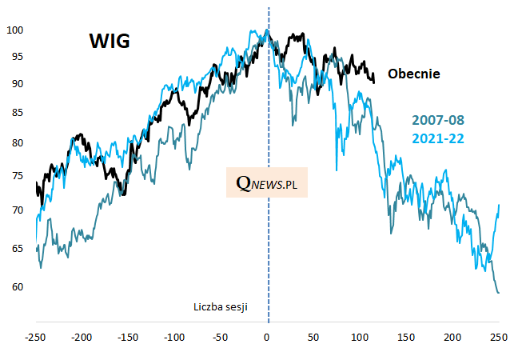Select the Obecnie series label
click(x=414, y=74)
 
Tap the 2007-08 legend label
click(x=438, y=121)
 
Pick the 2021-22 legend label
click(x=438, y=138)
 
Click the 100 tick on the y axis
click(x=15, y=30)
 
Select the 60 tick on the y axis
click(x=18, y=286)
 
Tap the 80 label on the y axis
click(x=18, y=143)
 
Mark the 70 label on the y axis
click(x=18, y=210)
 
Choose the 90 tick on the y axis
click(x=18, y=84)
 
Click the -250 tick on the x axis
click(x=35, y=336)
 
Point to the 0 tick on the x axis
click(x=268, y=336)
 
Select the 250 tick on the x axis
click(x=499, y=336)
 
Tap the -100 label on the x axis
click(x=174, y=336)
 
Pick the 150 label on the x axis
click(x=406, y=336)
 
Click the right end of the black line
click(x=373, y=81)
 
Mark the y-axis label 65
click(x=18, y=250)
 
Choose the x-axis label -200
click(x=82, y=336)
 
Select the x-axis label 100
click(x=360, y=336)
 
